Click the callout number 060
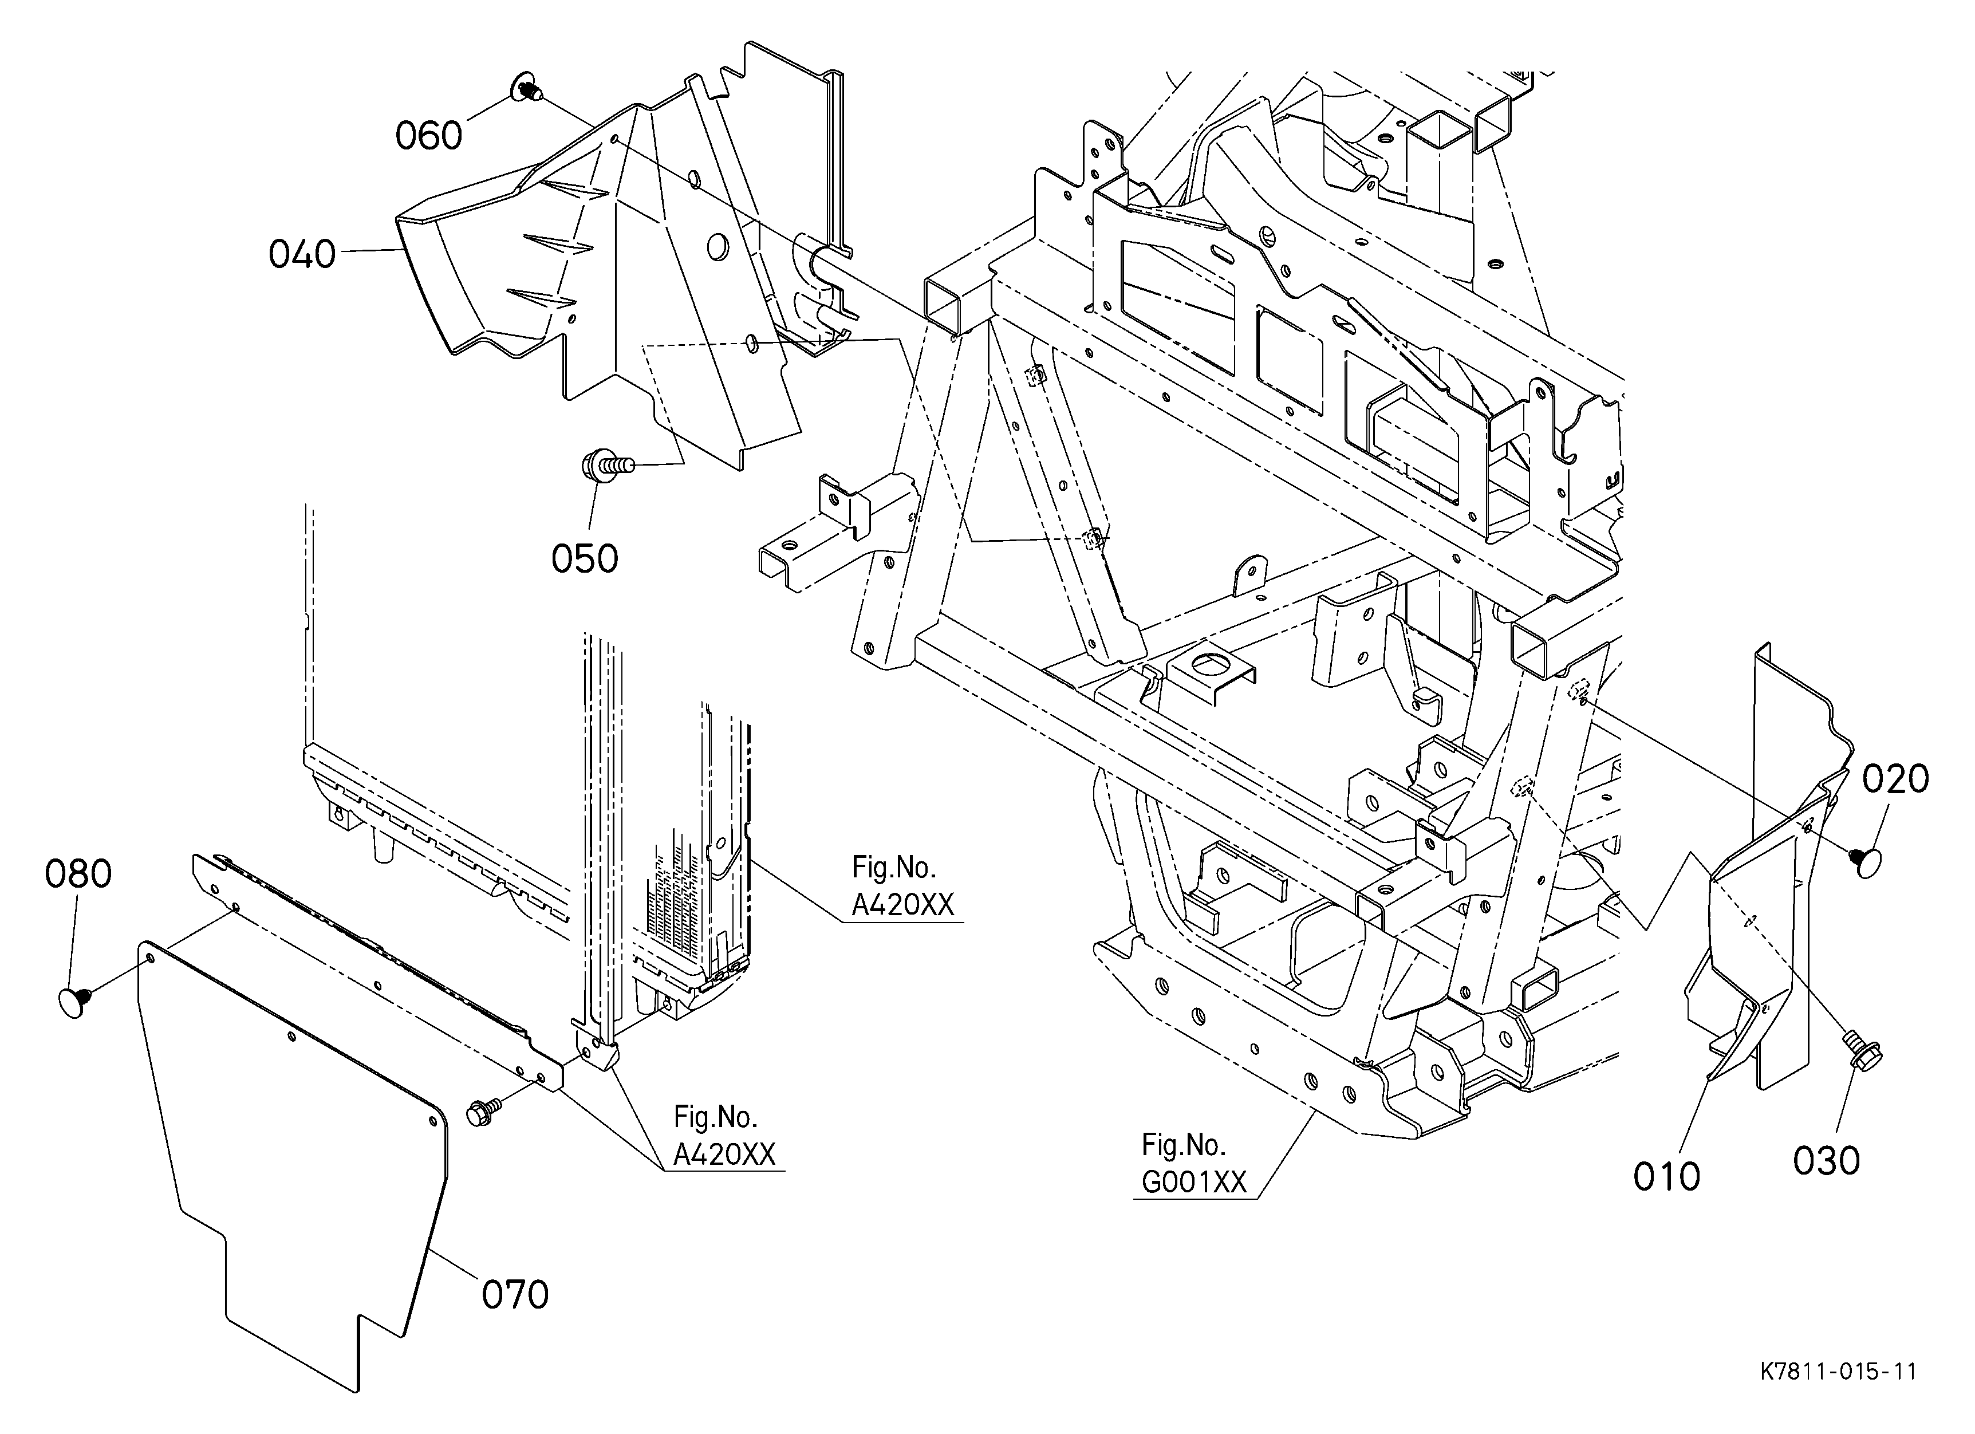point(428,136)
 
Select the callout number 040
point(302,254)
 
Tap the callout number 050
point(584,558)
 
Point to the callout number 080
point(78,873)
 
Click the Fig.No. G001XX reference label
point(1194,1163)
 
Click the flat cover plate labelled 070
point(296,1158)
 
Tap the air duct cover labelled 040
point(610,261)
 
